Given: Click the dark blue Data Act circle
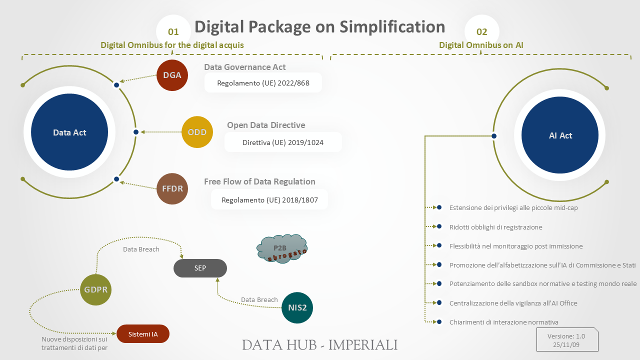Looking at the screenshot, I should [x=69, y=132].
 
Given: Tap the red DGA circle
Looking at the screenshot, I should [x=172, y=75].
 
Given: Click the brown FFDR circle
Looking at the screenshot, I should [x=172, y=189].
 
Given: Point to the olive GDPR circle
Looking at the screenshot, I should [x=95, y=289].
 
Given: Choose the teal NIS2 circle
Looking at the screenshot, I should [x=297, y=307].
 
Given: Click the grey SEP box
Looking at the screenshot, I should [x=200, y=268].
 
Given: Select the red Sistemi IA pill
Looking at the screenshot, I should [x=143, y=334].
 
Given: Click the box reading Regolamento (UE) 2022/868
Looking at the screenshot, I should [x=263, y=83].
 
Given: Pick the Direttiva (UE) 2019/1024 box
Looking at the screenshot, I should [x=283, y=142].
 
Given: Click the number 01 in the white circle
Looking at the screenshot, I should [x=173, y=32].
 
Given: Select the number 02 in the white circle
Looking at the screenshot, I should [x=481, y=32].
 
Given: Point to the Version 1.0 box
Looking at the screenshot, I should [x=566, y=340].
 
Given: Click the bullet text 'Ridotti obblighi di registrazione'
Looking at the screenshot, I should [x=495, y=227].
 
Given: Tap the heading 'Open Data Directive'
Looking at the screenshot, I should [x=266, y=125].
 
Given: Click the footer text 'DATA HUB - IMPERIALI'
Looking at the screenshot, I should [x=320, y=345].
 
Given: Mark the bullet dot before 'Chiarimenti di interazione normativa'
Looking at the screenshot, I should [x=439, y=321].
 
